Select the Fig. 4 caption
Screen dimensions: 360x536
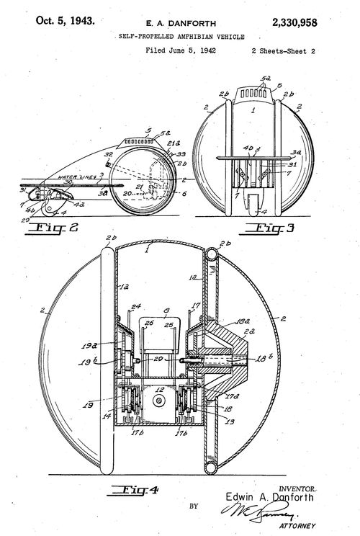click(135, 492)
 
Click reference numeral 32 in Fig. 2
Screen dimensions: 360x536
click(108, 155)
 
